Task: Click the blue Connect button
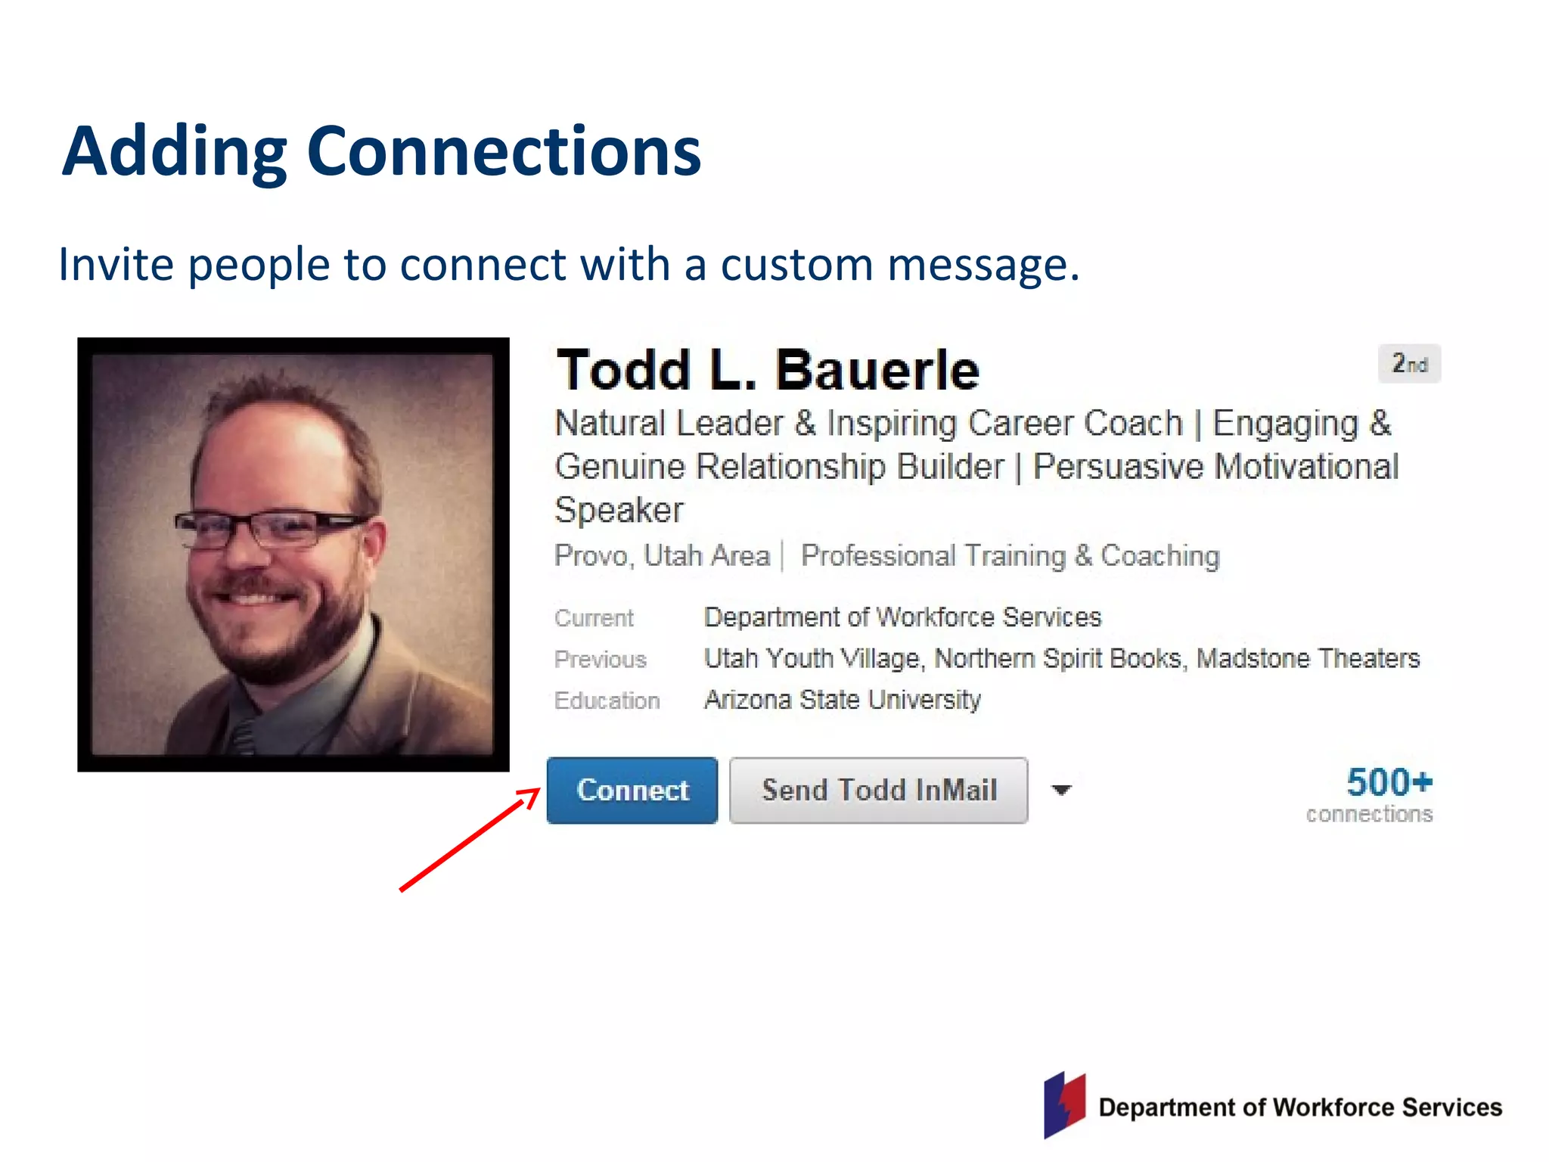pyautogui.click(x=632, y=790)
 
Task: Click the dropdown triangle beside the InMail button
pyautogui.click(x=1062, y=791)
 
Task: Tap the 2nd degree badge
pyautogui.click(x=1409, y=364)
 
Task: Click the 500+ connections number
pyautogui.click(x=1389, y=782)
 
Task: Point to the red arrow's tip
pyautogui.click(x=539, y=790)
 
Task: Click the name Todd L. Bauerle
pyautogui.click(x=768, y=371)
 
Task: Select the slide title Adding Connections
pyautogui.click(x=382, y=151)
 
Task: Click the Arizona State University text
pyautogui.click(x=842, y=700)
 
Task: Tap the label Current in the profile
pyautogui.click(x=594, y=618)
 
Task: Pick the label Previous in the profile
pyautogui.click(x=601, y=660)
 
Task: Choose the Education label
pyautogui.click(x=607, y=701)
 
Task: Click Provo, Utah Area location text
pyautogui.click(x=662, y=556)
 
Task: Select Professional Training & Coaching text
pyautogui.click(x=1010, y=556)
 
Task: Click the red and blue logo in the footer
pyautogui.click(x=1064, y=1105)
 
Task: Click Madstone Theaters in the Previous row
pyautogui.click(x=1308, y=659)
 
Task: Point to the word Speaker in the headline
pyautogui.click(x=619, y=510)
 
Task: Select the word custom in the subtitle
pyautogui.click(x=796, y=265)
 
